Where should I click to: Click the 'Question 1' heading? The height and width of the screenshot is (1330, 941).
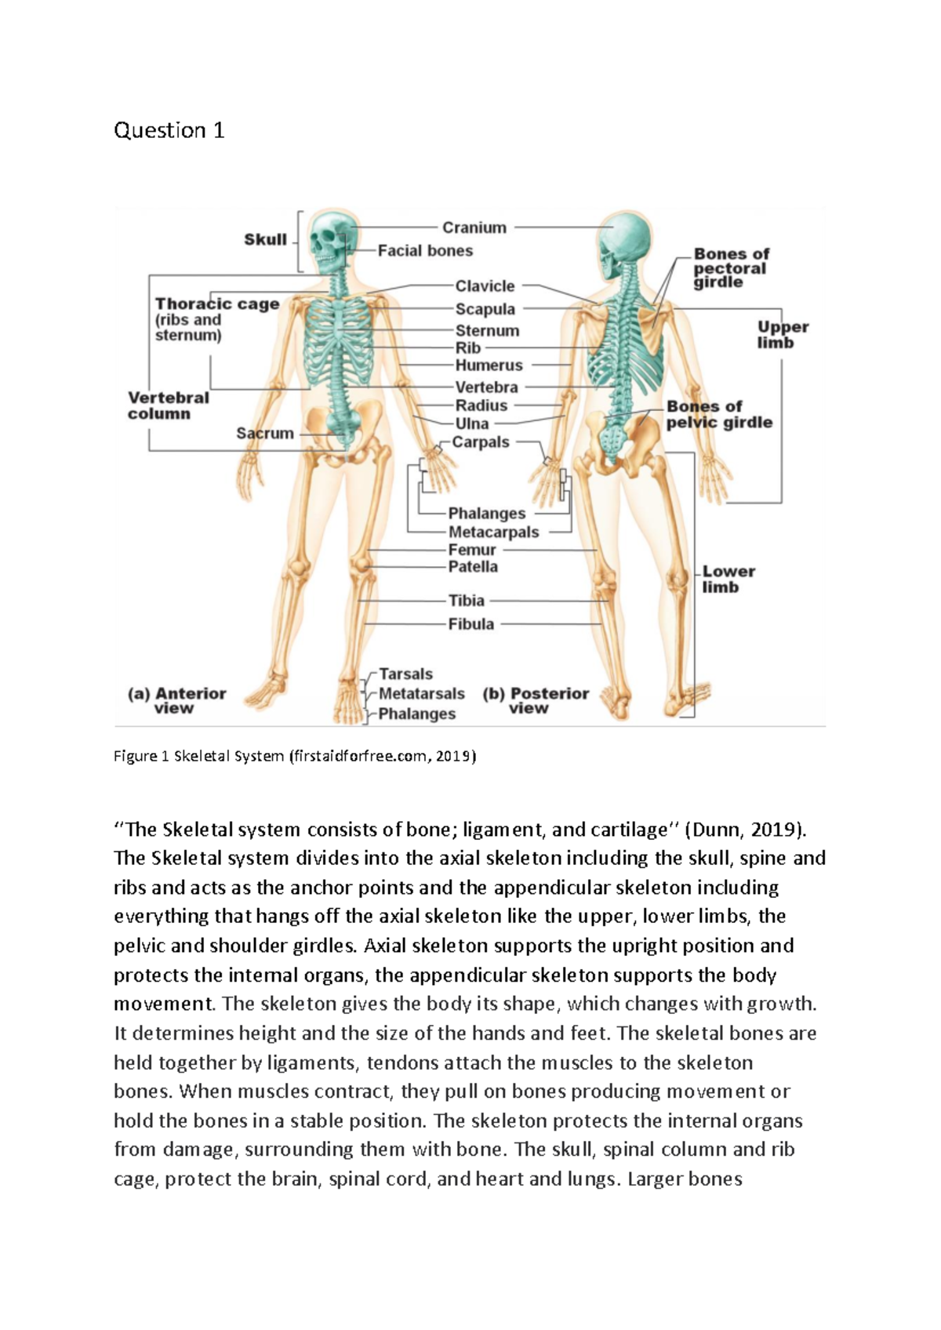169,130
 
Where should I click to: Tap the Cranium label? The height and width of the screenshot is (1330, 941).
474,227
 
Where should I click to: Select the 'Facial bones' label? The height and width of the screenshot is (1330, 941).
425,251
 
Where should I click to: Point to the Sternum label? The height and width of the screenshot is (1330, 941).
487,331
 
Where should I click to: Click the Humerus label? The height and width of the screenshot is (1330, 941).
489,365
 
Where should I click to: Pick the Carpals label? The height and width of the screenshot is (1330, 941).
480,442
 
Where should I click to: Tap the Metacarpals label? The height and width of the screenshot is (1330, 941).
493,532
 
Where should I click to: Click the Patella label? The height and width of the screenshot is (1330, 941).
472,567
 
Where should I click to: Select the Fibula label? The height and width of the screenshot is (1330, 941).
470,624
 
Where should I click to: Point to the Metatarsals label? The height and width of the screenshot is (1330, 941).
421,694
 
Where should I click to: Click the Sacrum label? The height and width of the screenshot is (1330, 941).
265,434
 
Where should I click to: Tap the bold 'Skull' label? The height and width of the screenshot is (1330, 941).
265,240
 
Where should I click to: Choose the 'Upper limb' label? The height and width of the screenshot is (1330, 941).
782,335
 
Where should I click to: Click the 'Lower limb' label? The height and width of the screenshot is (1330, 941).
728,580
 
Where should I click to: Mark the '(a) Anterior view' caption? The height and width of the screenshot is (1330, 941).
177,701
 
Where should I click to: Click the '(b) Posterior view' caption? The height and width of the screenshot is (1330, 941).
536,701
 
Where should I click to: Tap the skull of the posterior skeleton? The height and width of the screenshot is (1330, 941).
626,239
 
